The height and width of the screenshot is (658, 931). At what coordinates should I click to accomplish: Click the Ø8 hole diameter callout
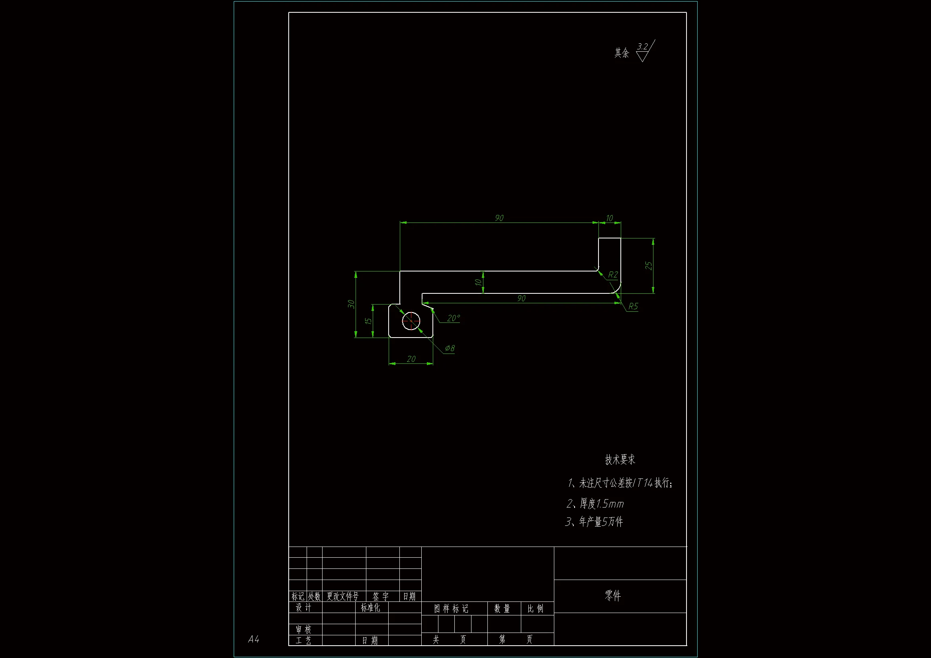450,348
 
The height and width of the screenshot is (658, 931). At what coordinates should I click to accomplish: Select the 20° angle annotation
453,318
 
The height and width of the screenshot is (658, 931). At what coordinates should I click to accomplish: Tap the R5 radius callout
633,307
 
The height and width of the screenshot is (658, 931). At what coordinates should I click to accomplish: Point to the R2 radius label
613,275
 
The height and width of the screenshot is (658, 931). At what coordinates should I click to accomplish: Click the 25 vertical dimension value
648,266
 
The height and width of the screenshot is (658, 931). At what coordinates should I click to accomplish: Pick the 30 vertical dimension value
351,304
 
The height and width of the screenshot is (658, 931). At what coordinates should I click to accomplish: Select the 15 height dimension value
368,321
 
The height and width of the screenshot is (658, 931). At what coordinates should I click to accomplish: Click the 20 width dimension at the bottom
411,359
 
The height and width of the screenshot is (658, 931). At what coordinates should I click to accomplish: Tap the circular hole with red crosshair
411,321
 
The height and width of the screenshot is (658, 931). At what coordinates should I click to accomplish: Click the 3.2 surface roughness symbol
644,51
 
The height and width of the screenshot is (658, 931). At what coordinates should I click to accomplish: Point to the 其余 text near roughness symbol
622,53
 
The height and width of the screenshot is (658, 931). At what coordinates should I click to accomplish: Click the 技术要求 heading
620,459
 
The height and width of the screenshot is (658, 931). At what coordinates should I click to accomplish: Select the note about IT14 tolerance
620,483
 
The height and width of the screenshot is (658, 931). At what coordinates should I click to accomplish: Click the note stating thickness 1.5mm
595,504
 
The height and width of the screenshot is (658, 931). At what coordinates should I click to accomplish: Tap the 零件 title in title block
613,595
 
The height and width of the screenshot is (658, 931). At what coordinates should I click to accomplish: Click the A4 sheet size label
253,639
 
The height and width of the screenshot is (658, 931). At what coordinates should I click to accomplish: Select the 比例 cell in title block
536,609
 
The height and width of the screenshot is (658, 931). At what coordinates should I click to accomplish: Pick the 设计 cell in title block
303,607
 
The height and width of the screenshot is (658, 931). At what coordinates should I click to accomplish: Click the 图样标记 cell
451,609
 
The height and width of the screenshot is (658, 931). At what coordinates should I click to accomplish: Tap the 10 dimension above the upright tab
609,218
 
